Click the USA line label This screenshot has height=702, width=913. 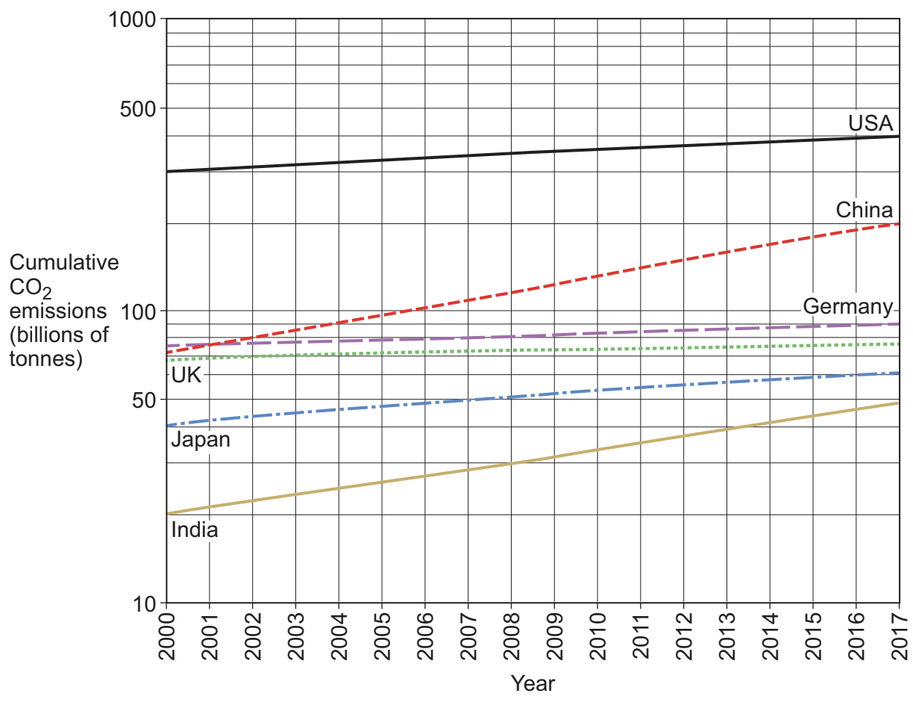(870, 123)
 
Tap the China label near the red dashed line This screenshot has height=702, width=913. (864, 210)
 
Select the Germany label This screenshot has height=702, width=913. (847, 307)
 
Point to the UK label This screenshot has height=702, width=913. (186, 375)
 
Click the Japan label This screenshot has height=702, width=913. (201, 440)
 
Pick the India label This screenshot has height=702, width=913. (195, 530)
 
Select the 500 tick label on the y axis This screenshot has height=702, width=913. (139, 108)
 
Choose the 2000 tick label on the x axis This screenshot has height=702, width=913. (166, 638)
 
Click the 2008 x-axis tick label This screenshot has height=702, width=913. (511, 638)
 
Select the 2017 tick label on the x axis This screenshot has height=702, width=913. (899, 638)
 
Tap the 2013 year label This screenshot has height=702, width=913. (727, 638)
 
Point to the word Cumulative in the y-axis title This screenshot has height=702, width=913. (63, 263)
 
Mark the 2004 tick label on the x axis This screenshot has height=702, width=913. (339, 638)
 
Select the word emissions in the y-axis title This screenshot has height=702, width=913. (58, 311)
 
